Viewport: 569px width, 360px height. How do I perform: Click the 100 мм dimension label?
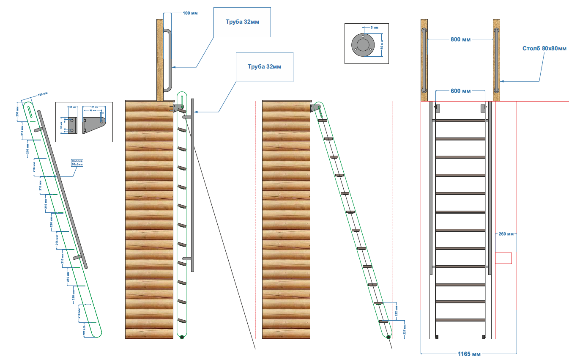(189, 13)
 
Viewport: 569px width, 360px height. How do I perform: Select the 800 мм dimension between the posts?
(460, 39)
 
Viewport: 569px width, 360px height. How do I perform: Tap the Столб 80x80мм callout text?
(544, 49)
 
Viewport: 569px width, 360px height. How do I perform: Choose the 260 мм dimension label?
(506, 234)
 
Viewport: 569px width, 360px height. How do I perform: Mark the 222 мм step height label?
(397, 311)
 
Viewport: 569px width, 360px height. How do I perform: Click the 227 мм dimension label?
(405, 330)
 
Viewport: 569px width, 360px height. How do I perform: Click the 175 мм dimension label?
(85, 329)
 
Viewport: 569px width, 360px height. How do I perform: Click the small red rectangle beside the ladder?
(503, 258)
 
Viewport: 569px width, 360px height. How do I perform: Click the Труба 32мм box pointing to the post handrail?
(242, 22)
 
